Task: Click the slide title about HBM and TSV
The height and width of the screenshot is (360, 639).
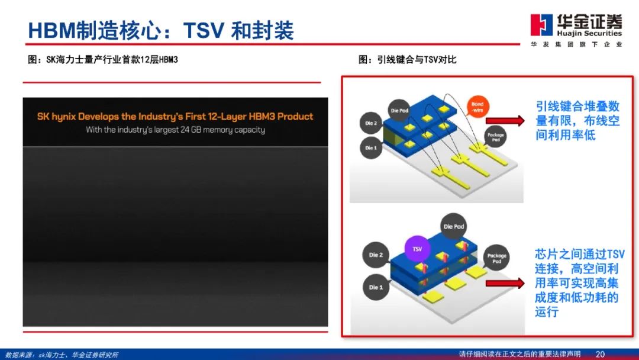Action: pos(161,30)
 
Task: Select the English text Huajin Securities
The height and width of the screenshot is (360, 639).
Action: pos(589,34)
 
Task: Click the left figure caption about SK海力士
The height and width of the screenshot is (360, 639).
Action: pos(103,59)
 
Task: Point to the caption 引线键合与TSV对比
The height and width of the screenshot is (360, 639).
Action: pos(408,59)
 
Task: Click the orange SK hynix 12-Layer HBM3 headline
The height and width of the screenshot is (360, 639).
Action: pos(175,117)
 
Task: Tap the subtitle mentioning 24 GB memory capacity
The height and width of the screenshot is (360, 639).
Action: pos(175,130)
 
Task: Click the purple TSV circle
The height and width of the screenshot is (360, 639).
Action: pos(418,249)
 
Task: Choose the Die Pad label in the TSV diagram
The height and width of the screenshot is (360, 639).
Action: pos(454,227)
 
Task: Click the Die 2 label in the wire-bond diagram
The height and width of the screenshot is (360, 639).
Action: pos(371,123)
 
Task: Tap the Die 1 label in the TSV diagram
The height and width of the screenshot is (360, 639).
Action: pos(376,287)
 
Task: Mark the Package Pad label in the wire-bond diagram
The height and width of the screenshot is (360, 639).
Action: pos(496,137)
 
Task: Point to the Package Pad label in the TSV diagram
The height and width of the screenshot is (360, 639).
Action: pos(496,259)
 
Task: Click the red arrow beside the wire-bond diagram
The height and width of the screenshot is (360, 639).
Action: pos(512,121)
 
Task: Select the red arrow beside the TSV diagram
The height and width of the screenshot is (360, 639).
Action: pos(512,283)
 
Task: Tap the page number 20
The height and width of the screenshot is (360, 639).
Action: pos(600,354)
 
